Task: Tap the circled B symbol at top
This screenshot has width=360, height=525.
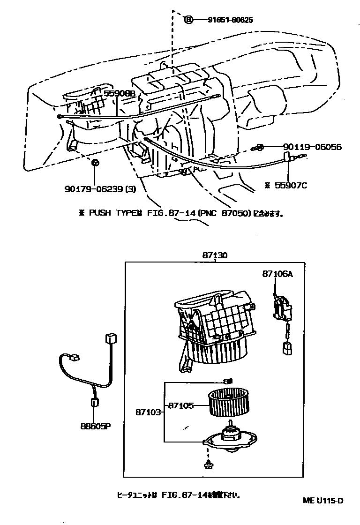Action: click(x=188, y=20)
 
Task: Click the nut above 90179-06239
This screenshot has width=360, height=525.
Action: click(x=95, y=163)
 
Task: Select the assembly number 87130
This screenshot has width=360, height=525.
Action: click(x=215, y=255)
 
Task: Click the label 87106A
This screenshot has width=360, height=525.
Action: click(x=277, y=275)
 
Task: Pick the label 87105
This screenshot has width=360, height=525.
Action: click(x=181, y=405)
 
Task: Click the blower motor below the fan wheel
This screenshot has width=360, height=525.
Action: click(x=230, y=440)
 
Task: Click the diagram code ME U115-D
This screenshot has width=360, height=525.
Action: click(x=322, y=500)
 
